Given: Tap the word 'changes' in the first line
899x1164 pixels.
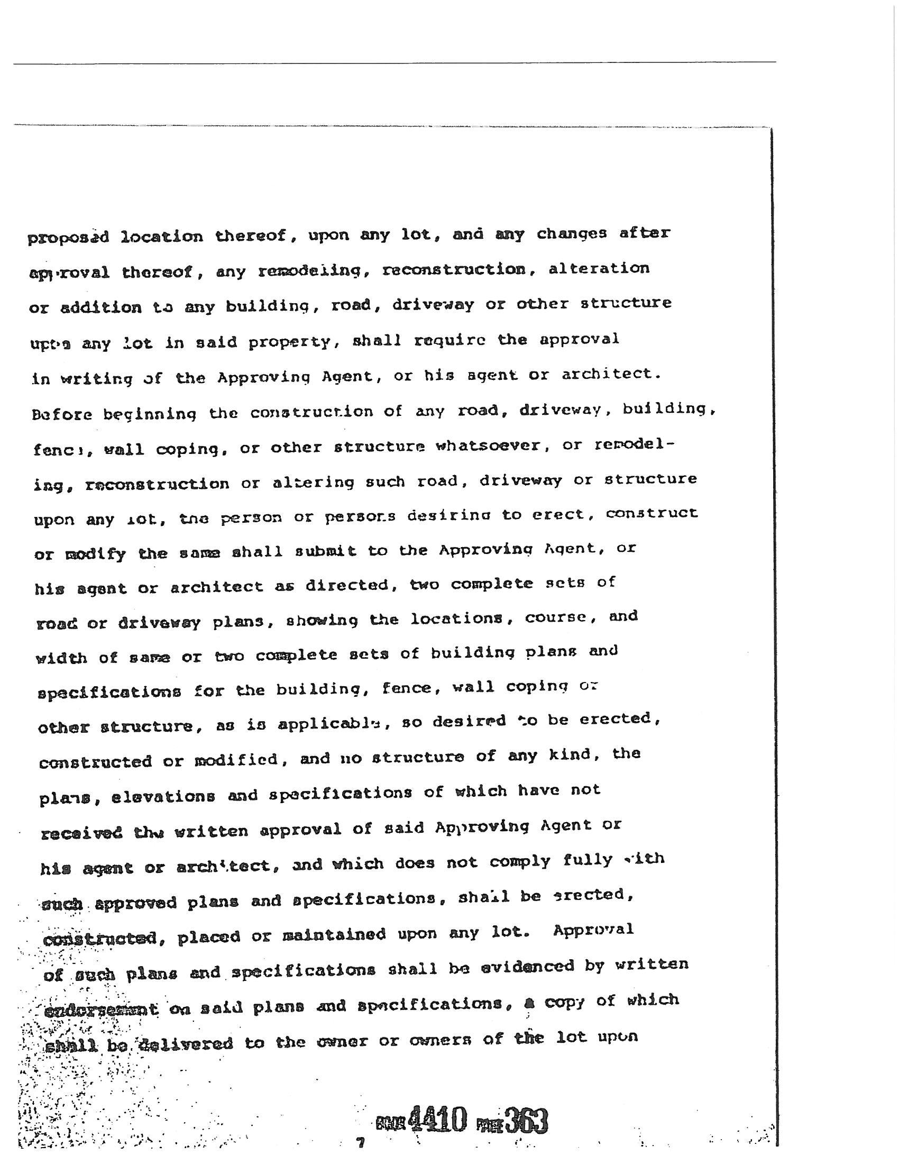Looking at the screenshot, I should (571, 234).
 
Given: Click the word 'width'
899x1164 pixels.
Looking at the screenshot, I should (61, 658).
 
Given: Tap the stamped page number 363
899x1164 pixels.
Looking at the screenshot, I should (526, 1121).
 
